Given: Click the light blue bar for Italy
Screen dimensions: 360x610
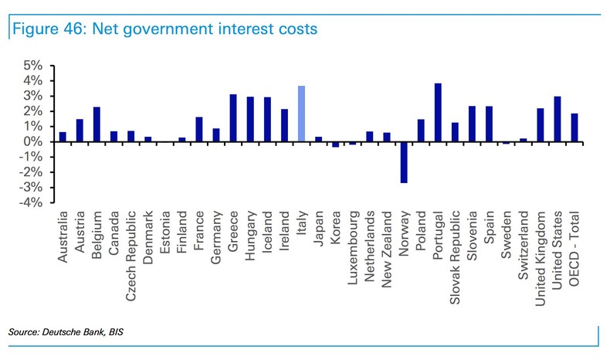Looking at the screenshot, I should coord(301,114).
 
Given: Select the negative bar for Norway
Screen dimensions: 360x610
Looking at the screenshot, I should coord(404,162).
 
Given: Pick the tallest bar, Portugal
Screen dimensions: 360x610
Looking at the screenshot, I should coord(438,113).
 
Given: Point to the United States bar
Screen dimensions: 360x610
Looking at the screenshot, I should coord(557,119).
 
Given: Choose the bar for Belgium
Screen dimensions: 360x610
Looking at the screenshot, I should coord(97,124).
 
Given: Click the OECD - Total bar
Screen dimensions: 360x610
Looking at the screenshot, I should coord(574,127).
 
